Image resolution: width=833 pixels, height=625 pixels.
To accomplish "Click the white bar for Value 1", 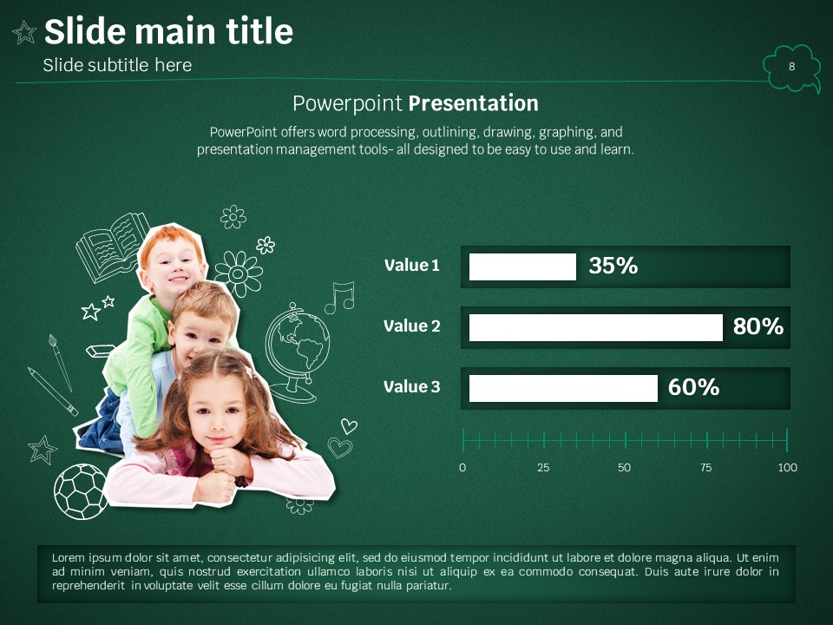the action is (x=522, y=266).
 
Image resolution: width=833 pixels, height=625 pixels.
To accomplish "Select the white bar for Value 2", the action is (x=595, y=327).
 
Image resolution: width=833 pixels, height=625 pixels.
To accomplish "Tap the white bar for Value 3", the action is (x=563, y=388).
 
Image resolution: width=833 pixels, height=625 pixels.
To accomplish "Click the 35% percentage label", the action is (x=613, y=266).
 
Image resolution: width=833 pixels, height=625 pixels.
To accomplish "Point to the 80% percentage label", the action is (x=758, y=326).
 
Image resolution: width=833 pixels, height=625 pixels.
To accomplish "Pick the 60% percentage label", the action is (x=693, y=387).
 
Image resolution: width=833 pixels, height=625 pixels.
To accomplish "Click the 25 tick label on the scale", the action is (x=543, y=468).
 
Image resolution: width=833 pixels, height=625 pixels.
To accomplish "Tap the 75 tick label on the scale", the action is (x=705, y=468).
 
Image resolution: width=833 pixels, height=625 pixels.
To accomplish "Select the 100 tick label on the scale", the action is (x=787, y=468).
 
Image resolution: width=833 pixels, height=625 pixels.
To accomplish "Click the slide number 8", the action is (x=791, y=67).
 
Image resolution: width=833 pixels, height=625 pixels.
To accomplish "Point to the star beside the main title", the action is (x=24, y=32).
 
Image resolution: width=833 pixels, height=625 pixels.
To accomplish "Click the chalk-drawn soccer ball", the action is (x=80, y=491).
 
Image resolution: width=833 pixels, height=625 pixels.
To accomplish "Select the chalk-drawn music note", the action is (x=339, y=297).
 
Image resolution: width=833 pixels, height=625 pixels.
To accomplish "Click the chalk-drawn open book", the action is (x=112, y=247).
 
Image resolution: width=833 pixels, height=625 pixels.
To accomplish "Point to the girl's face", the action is (x=219, y=411).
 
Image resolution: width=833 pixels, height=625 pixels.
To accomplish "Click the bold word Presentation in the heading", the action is (x=474, y=103).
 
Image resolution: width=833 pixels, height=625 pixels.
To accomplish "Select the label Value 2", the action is (x=411, y=326).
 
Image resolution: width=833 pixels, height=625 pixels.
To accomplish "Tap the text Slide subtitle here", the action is (x=117, y=65).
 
